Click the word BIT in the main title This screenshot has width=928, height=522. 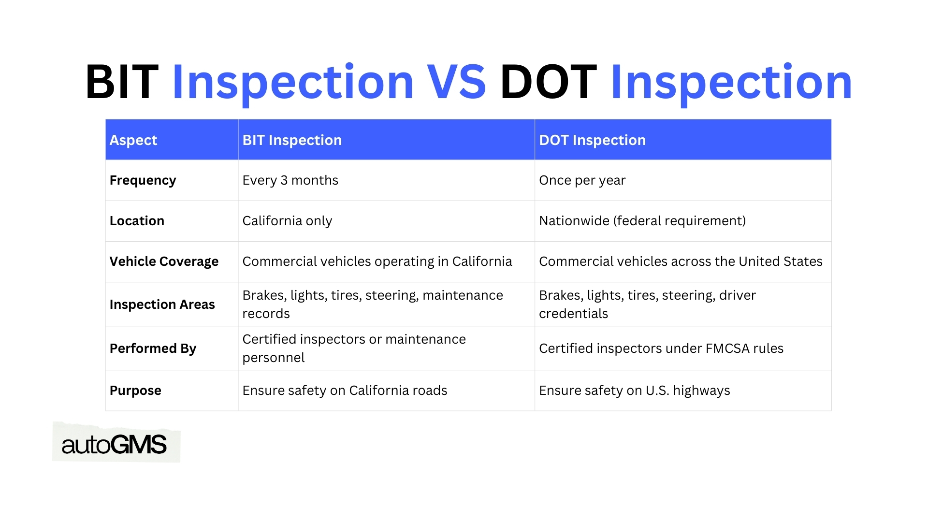click(122, 83)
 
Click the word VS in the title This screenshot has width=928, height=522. click(456, 83)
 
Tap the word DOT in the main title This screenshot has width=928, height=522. click(548, 83)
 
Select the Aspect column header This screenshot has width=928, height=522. click(133, 140)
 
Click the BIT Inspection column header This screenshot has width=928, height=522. click(292, 140)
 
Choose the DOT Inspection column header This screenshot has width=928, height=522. click(592, 140)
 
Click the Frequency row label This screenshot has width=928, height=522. click(143, 180)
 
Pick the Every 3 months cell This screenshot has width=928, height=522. click(290, 180)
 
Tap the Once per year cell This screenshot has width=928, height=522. click(582, 180)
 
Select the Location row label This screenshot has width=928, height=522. click(137, 221)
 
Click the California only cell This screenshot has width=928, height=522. click(287, 221)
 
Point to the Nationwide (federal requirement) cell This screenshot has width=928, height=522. click(642, 221)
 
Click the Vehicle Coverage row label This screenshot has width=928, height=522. click(164, 261)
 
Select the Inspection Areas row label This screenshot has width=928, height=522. click(162, 304)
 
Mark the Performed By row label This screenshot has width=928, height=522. click(153, 348)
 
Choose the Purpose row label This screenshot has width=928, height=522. click(135, 391)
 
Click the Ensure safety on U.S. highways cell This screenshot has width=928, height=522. click(634, 391)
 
